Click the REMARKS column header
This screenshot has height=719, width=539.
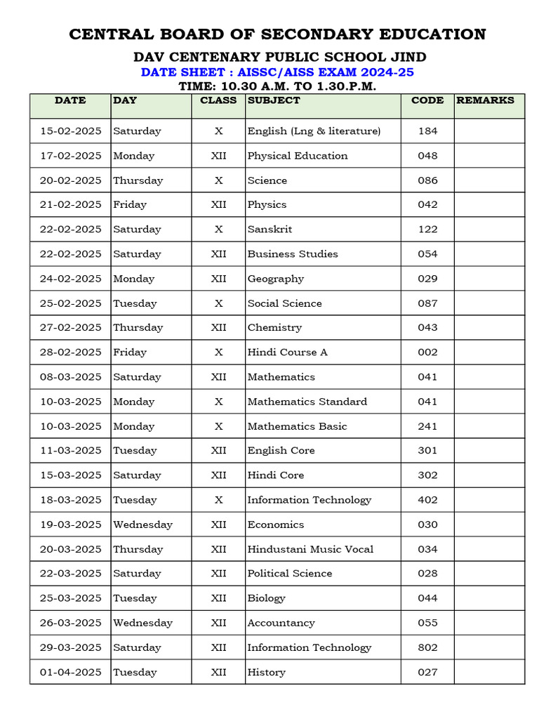coord(485,100)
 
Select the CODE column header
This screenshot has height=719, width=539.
coord(427,100)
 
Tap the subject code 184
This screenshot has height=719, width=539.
coord(427,131)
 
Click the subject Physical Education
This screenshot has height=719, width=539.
coord(297,156)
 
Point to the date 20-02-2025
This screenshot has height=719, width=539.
coord(70,180)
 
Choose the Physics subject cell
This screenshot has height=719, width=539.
coord(267,205)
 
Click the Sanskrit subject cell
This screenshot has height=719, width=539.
coord(269,230)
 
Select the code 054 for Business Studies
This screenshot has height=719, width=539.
coord(427,254)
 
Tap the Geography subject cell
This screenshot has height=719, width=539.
coord(275,279)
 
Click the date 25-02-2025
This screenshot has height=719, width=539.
coord(70,303)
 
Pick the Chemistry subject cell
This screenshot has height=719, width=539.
coord(274,328)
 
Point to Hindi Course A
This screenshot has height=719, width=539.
coord(287,352)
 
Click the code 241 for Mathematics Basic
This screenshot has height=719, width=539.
coord(427,426)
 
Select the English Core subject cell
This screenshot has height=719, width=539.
coord(281,451)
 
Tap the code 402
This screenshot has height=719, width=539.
coord(427,500)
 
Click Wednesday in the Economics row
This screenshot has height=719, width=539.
coord(142,525)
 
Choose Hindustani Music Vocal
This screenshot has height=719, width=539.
coord(310,549)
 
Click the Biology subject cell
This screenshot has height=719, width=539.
coord(266,598)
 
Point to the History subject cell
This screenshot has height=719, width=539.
coord(266,672)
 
